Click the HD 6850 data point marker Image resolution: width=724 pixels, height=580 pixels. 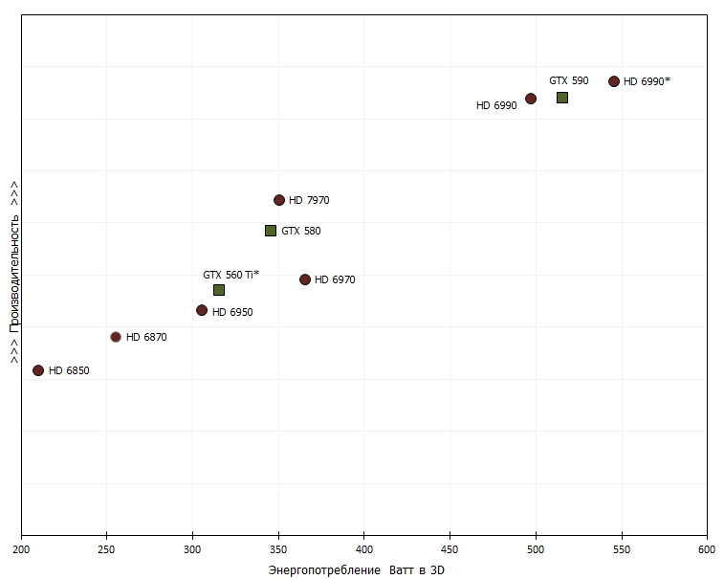(38, 370)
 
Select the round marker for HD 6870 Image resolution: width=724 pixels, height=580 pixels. (116, 337)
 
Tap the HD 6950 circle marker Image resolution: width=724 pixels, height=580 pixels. (202, 310)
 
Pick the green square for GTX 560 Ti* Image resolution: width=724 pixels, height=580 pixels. (219, 290)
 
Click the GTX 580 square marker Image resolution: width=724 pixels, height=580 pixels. (271, 231)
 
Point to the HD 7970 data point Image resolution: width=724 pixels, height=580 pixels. (279, 200)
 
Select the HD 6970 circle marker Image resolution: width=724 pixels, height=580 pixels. (305, 279)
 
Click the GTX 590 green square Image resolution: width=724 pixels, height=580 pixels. (562, 98)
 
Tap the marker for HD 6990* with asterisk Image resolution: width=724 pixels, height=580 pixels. (614, 81)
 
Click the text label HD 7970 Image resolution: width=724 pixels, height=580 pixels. (309, 200)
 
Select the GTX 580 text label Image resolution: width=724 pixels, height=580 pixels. (301, 231)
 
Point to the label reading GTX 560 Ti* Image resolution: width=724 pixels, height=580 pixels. (230, 275)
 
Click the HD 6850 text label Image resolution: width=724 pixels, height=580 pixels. (69, 370)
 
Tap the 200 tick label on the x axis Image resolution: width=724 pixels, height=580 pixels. (21, 550)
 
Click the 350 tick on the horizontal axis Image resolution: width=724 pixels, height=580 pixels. (278, 550)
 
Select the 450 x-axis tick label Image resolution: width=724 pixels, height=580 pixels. (450, 550)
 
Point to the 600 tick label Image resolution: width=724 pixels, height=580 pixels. (707, 550)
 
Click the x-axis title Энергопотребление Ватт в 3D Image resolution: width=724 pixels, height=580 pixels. (357, 570)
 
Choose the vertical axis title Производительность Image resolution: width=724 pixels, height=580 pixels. (14, 271)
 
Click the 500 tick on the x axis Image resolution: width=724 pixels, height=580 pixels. (536, 550)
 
